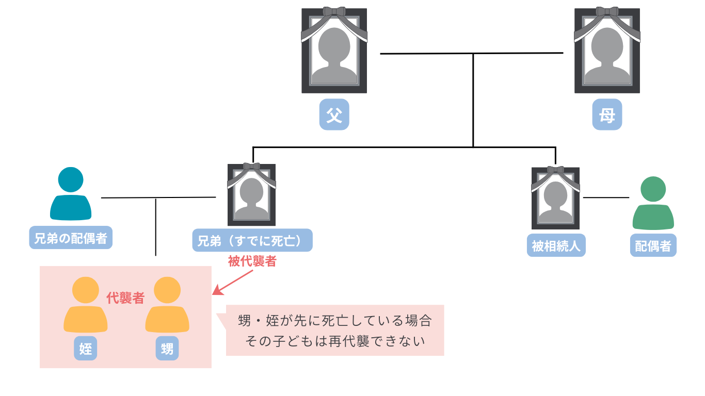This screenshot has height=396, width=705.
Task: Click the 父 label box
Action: (334, 114)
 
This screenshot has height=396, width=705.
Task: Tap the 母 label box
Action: (607, 114)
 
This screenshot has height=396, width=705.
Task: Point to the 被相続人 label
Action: (556, 246)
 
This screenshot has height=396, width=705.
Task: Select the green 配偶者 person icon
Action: (653, 203)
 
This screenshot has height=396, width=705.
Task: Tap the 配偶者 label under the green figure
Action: (653, 246)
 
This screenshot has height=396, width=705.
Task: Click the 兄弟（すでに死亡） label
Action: (252, 240)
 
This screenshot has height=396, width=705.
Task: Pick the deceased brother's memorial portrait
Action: (252, 194)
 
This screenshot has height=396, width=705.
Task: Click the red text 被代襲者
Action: (252, 261)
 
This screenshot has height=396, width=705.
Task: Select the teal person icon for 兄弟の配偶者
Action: (71, 194)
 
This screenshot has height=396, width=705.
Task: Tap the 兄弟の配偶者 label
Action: (71, 238)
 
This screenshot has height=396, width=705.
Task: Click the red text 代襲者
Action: (125, 298)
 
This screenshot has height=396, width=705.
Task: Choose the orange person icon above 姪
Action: (86, 305)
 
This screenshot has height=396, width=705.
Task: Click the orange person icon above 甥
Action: (167, 305)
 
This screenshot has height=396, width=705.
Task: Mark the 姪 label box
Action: (86, 349)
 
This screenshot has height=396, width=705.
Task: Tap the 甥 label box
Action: (167, 349)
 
